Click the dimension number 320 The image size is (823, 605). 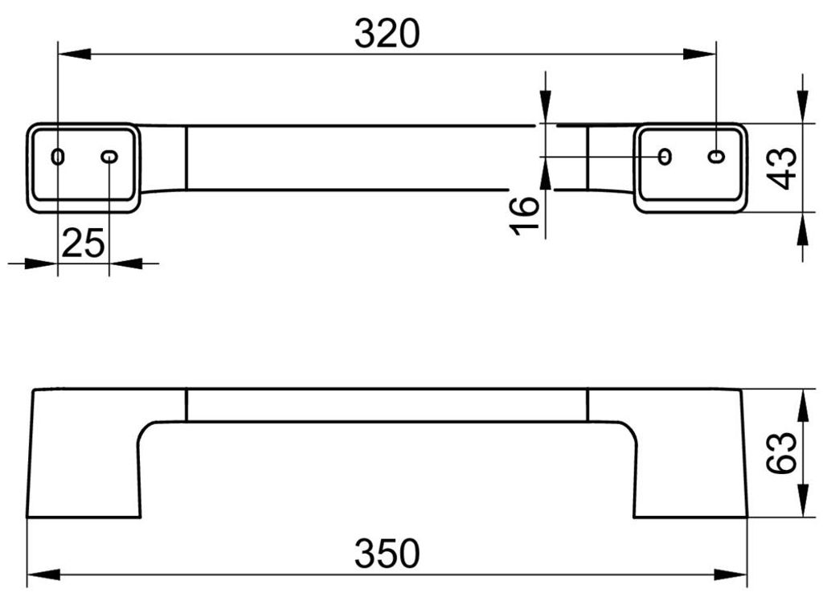point(387,34)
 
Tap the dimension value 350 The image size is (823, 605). point(387,554)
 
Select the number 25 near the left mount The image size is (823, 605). point(83,243)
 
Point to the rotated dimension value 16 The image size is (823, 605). point(524,215)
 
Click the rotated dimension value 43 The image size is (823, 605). point(781,168)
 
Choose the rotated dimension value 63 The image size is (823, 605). point(781,453)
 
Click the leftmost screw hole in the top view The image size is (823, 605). point(58,157)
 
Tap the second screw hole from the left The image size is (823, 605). point(109,157)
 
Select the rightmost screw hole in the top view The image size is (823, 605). point(716,156)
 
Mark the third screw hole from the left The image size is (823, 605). point(665,156)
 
